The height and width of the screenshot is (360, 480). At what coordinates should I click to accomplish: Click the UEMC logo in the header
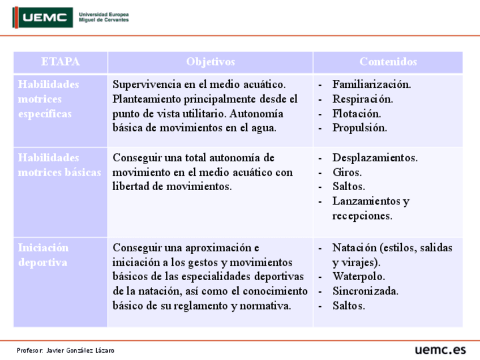pos(44,18)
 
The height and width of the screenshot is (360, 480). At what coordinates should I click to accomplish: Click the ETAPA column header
pos(61,62)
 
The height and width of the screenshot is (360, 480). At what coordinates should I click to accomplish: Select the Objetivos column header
pos(210,62)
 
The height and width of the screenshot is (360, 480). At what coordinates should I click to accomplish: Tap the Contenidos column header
pos(388,62)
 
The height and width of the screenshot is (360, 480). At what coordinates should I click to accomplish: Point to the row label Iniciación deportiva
pos(44,255)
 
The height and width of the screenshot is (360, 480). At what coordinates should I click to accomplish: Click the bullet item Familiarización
pos(371,84)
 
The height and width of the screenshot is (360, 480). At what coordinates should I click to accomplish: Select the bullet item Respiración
pos(362,99)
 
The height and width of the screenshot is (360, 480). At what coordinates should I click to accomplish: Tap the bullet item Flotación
pos(357,113)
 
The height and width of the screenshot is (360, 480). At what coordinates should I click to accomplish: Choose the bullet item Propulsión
pos(359,128)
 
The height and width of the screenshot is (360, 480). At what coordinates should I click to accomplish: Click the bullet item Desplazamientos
pos(375,158)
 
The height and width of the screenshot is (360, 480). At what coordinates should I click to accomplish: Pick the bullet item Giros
pos(347,172)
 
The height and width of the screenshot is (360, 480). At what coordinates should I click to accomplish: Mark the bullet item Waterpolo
pos(358,277)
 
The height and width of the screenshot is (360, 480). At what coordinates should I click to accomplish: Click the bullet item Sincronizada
pos(365,292)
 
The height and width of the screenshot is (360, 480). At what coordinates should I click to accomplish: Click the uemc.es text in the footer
pos(440,349)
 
